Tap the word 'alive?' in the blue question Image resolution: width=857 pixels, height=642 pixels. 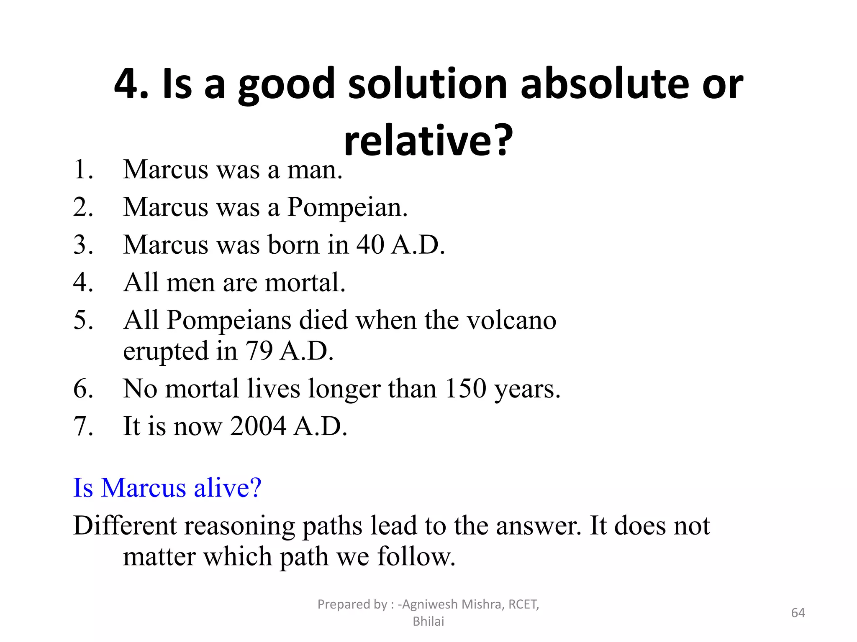tap(228, 487)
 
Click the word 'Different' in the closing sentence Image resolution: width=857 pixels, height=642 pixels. tap(125, 525)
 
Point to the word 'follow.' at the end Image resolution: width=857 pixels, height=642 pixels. tap(416, 556)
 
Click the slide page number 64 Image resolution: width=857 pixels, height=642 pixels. tap(798, 613)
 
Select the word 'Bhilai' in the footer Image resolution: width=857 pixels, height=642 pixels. tap(428, 622)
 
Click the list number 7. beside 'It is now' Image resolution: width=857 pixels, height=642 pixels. tap(83, 426)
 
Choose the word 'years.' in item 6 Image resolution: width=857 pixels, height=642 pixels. tap(527, 388)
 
